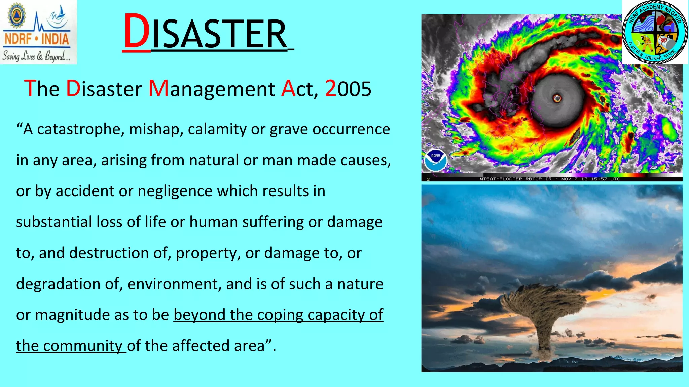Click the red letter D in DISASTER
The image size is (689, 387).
click(137, 32)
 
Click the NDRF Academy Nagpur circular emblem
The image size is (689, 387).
click(654, 33)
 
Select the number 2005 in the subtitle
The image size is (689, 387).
click(348, 89)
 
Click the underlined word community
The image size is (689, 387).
click(83, 346)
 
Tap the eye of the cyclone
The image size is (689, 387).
click(557, 98)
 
